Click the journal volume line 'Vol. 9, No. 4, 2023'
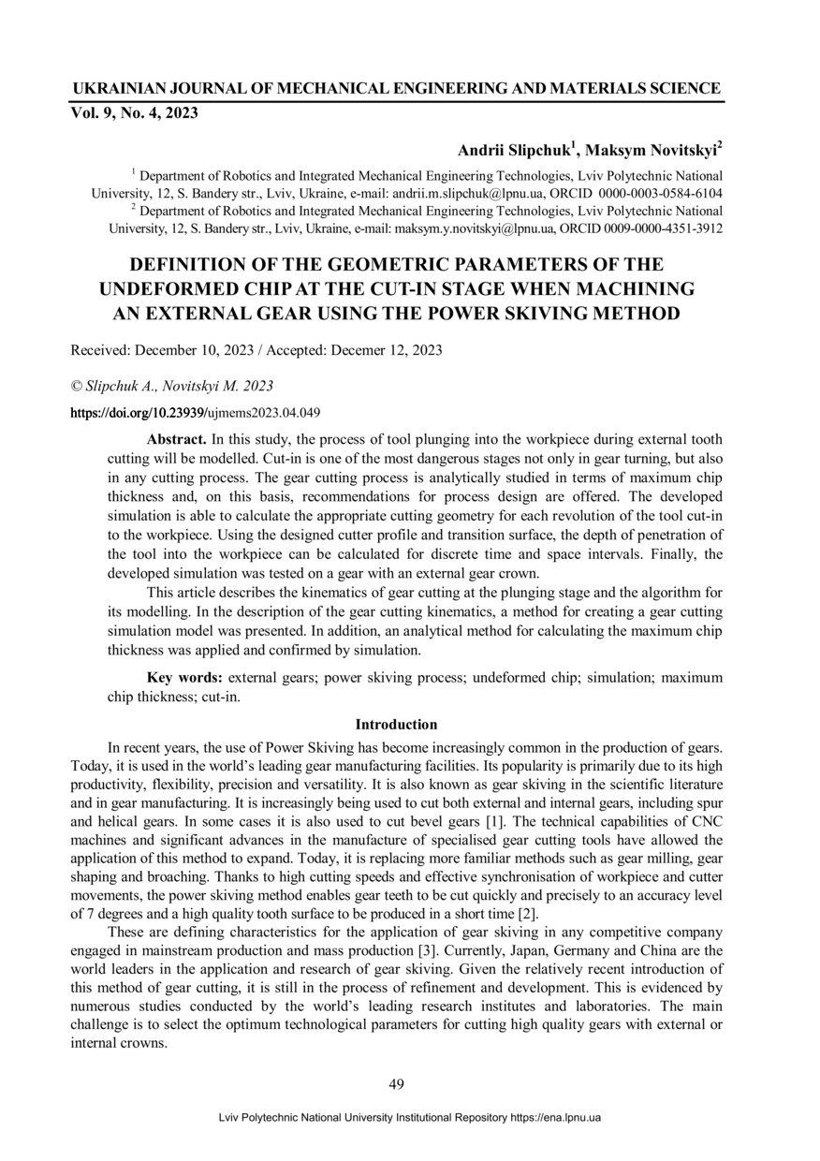[x=134, y=114]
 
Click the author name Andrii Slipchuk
[x=515, y=151]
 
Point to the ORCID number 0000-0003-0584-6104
[x=660, y=194]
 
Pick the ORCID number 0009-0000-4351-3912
[x=660, y=228]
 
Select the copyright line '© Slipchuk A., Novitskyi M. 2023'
[x=172, y=385]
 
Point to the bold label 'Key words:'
[x=184, y=677]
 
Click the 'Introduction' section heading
[x=396, y=725]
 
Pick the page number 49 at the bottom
[x=396, y=1085]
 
